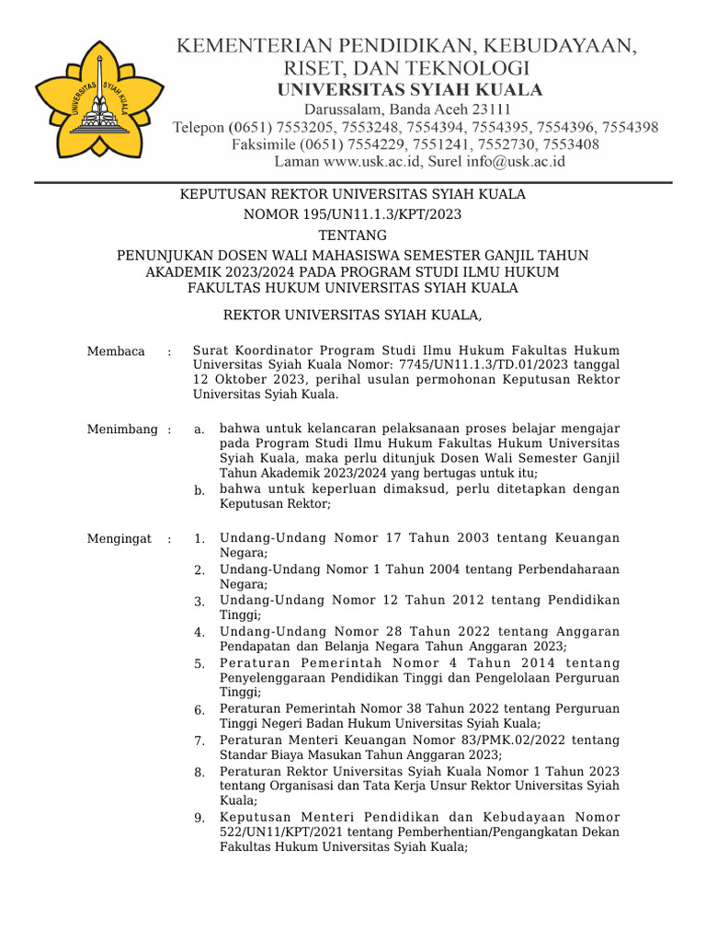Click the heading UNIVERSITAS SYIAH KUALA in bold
409,90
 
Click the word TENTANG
352,235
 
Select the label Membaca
116,350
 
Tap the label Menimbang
121,429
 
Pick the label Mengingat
119,538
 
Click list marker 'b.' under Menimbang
199,491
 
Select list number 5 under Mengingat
199,663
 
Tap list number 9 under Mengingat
199,818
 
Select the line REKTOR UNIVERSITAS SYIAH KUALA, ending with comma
353,315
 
